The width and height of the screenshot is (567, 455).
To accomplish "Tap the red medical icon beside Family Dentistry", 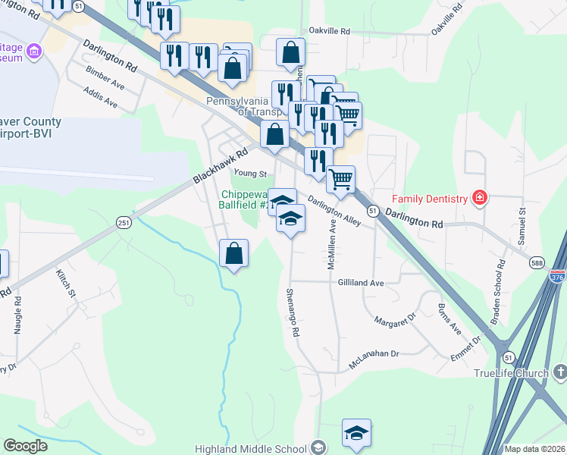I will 479,199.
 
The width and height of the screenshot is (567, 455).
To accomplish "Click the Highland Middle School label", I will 258,448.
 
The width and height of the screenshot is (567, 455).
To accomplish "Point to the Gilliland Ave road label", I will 361,282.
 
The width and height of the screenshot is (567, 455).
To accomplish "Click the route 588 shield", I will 536,262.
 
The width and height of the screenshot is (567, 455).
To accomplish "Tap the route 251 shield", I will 123,222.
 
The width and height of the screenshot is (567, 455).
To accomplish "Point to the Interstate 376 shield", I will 558,277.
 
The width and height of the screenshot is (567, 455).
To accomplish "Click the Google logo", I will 25,446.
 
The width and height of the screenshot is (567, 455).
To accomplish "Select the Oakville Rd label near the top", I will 329,32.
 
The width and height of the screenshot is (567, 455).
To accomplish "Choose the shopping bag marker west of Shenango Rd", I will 234,253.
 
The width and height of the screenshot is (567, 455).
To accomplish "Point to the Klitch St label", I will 67,281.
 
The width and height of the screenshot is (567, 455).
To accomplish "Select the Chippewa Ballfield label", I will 243,199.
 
